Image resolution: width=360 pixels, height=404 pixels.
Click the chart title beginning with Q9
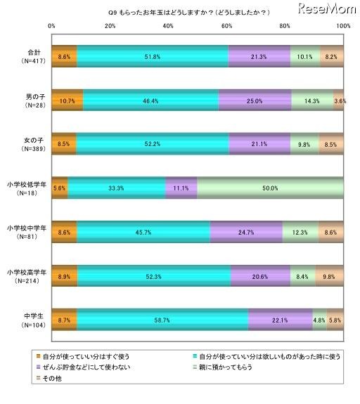[179, 12]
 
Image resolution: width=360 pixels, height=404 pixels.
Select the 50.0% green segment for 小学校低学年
[271, 188]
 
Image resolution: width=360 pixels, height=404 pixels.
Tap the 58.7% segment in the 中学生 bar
[162, 320]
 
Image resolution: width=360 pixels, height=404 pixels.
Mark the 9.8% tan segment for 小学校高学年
[329, 276]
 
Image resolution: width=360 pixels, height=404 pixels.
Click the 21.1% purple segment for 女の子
[259, 144]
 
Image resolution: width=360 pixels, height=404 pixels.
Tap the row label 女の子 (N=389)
[25, 144]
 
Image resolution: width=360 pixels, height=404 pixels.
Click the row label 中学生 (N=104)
[25, 320]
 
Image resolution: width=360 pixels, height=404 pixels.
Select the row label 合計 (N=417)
[25, 56]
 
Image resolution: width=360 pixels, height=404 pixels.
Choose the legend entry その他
[48, 377]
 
